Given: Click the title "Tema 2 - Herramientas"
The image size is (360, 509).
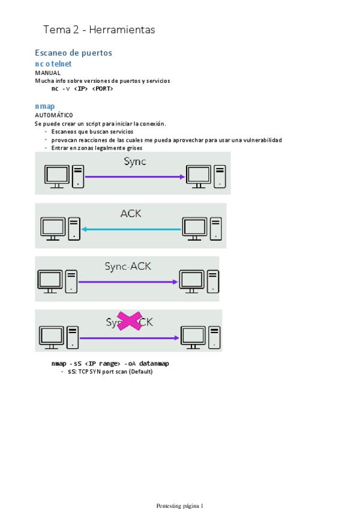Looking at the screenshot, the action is coord(99,29).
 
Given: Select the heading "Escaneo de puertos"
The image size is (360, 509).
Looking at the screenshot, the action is coord(73,53).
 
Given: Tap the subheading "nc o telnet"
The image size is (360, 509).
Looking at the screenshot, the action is coord(53,63).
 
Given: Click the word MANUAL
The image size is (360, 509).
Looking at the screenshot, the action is coord(47,72).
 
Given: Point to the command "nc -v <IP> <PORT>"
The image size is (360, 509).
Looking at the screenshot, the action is coord(82,88).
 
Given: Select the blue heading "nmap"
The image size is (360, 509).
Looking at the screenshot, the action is coord(45,106).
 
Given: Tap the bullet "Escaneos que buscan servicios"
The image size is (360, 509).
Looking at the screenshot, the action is coord(92,131).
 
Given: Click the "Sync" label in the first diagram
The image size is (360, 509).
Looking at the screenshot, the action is coord(135,161).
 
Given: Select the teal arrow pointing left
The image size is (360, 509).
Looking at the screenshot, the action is coord(131,229).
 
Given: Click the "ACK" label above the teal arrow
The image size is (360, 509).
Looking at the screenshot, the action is coord(131,214).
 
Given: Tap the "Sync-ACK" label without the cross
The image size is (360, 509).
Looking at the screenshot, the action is coord(128,267).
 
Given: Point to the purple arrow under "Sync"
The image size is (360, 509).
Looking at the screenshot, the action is coord(134,176).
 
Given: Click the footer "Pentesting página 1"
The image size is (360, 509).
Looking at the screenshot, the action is coord(180,489).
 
